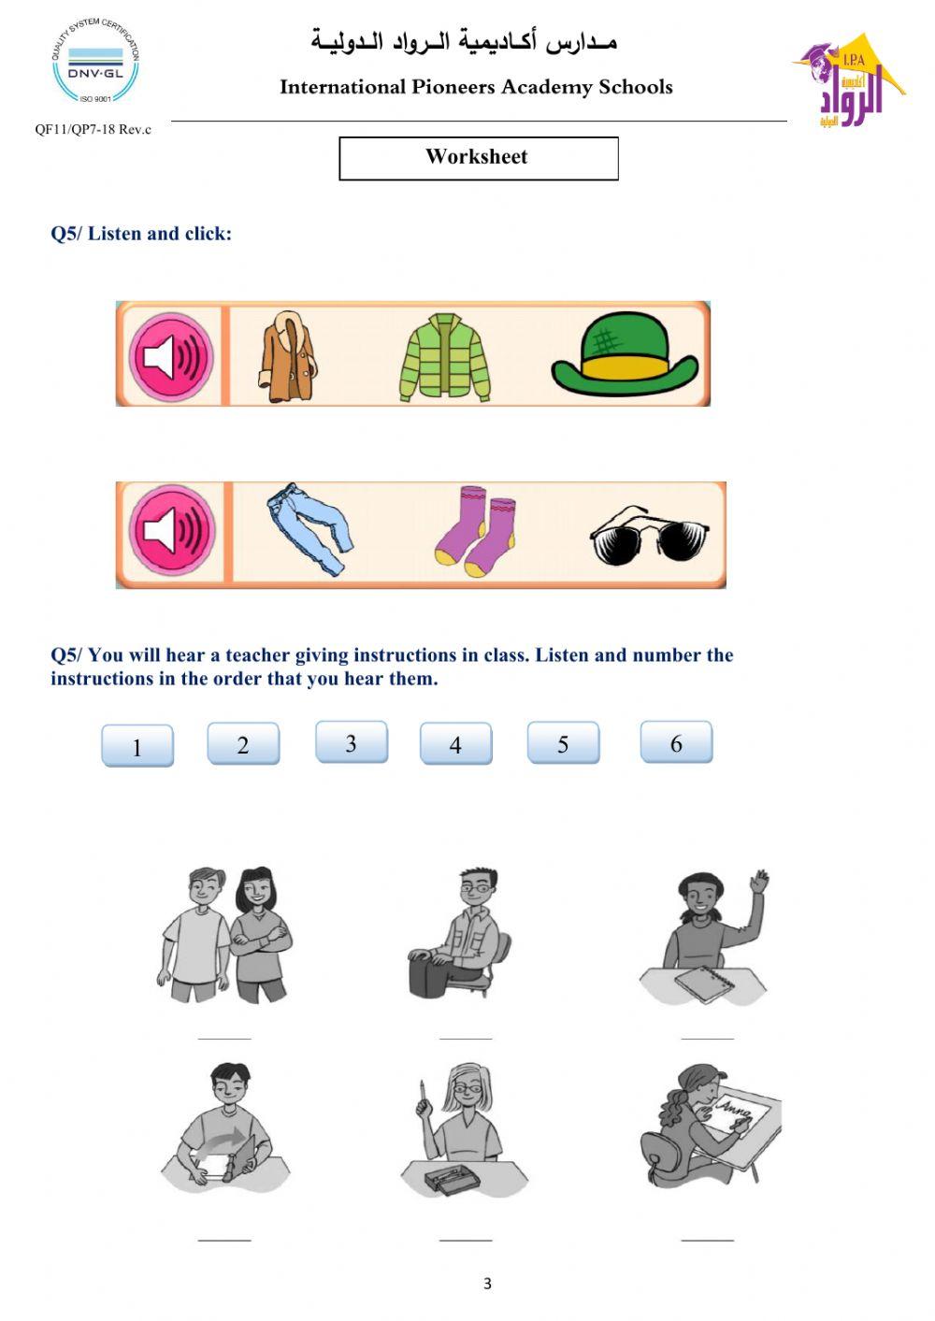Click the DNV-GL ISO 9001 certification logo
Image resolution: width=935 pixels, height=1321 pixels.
click(x=95, y=61)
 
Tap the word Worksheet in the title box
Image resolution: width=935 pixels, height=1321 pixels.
click(x=477, y=157)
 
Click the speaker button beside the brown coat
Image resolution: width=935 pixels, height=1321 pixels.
click(x=171, y=357)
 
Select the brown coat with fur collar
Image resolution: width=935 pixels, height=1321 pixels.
click(x=287, y=358)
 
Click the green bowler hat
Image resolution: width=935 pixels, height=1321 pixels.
click(x=624, y=354)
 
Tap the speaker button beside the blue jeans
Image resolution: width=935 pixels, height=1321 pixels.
click(x=172, y=530)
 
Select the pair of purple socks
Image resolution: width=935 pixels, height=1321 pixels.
click(x=476, y=530)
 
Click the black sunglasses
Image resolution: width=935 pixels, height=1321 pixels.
click(x=649, y=535)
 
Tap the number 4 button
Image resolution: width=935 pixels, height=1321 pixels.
click(x=455, y=744)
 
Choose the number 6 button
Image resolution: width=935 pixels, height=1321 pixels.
click(x=676, y=742)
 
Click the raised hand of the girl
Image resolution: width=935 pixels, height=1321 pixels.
click(x=760, y=882)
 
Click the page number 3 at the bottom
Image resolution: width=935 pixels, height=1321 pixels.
click(x=487, y=1284)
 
